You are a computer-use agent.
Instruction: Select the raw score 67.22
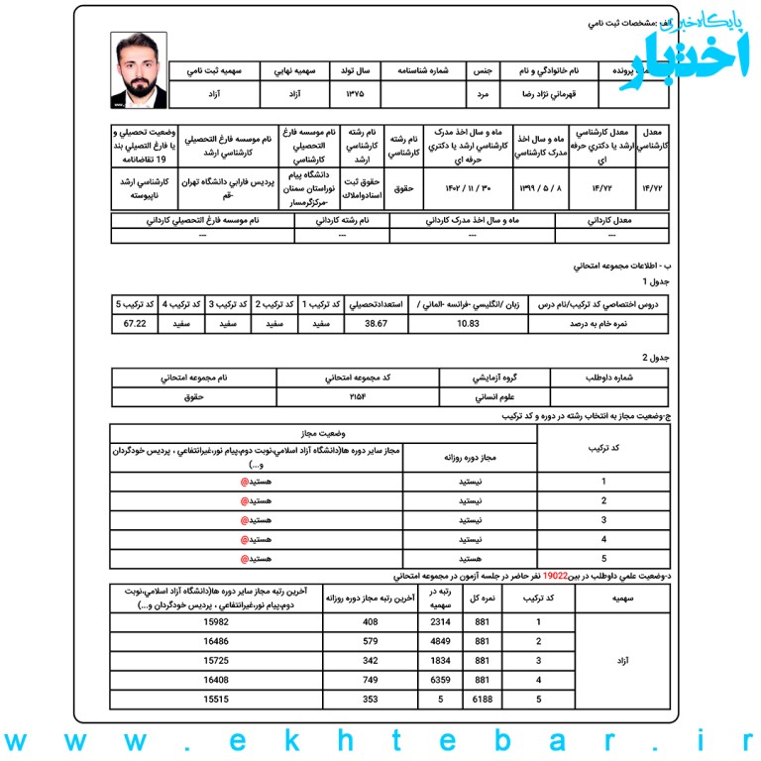point(135,323)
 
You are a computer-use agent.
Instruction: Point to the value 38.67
point(376,323)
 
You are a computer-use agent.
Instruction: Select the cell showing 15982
point(216,622)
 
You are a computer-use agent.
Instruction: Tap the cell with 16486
point(216,641)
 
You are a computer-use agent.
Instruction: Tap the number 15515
point(216,700)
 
